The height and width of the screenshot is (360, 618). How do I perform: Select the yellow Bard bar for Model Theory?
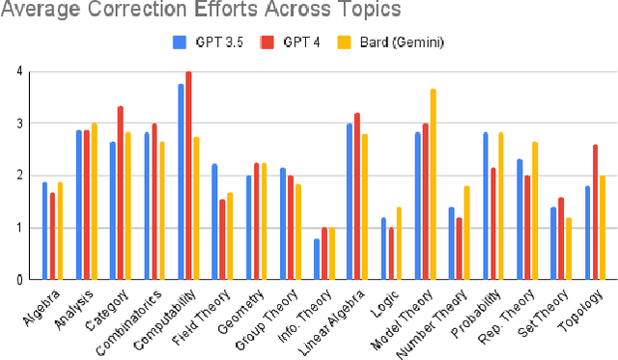pos(434,184)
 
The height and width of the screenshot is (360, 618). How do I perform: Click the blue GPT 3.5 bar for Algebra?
pos(44,231)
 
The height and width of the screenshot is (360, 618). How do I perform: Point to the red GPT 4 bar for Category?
pos(120,193)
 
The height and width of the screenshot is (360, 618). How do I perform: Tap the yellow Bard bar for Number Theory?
pos(467,233)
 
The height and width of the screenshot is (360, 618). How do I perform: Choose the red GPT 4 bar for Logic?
pos(391,253)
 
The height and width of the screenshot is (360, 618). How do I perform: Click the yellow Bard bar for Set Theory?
pos(570,248)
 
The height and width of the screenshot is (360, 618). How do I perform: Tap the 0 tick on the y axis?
pos(20,280)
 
